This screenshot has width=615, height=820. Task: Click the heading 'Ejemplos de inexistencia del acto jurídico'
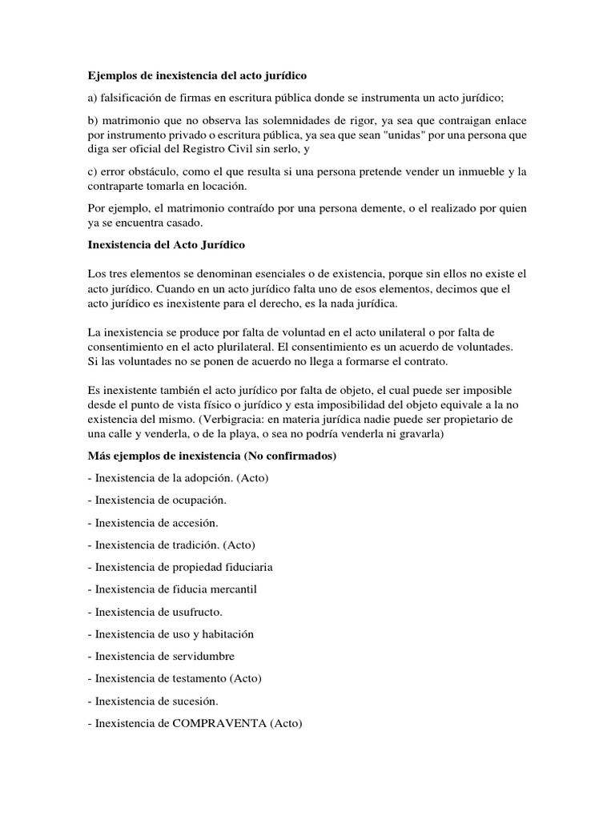[197, 76]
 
